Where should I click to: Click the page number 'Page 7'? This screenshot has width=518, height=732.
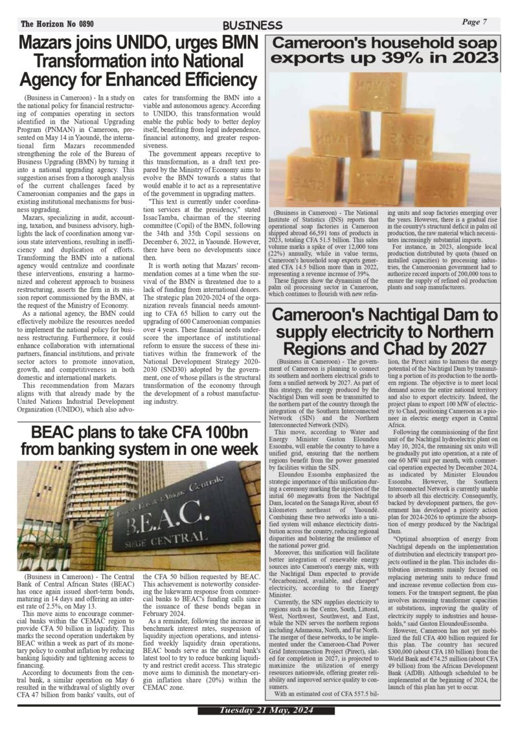point(475,23)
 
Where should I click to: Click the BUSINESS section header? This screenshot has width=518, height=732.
point(253,25)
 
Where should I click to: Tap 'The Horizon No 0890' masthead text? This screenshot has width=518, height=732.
point(57,24)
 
